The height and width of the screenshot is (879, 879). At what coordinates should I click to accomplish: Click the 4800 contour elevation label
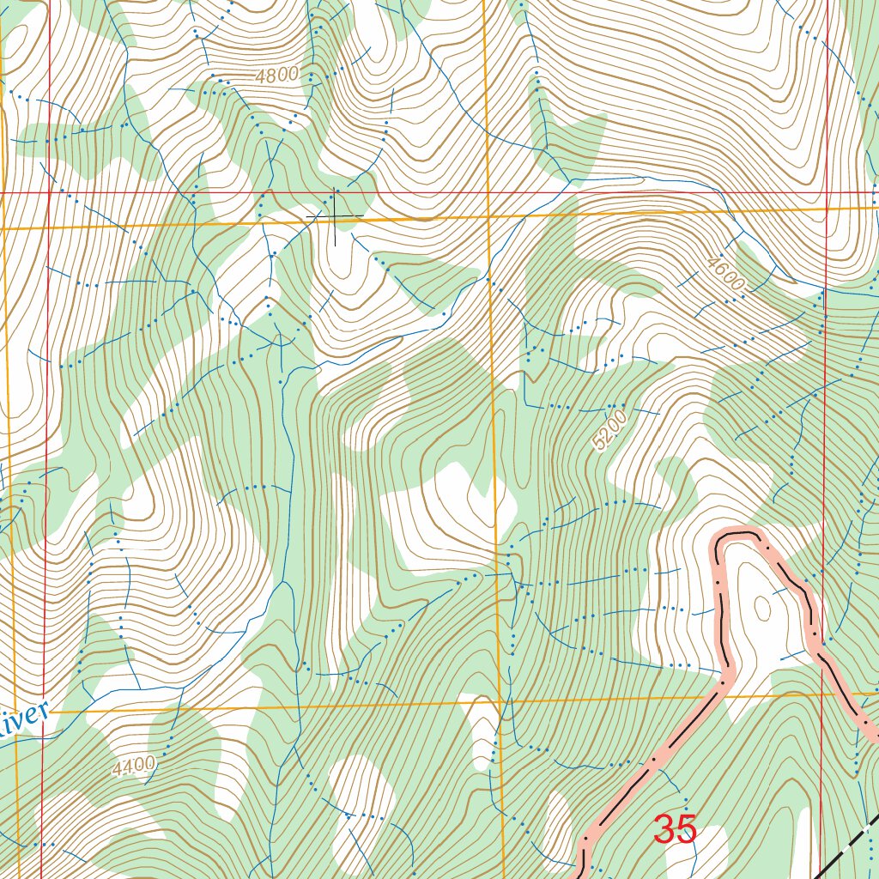click(x=276, y=76)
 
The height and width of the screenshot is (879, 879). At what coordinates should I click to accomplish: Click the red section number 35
click(x=675, y=830)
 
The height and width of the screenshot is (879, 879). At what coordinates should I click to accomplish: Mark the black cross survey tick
click(x=334, y=215)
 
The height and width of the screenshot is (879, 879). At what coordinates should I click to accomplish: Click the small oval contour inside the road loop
click(x=761, y=608)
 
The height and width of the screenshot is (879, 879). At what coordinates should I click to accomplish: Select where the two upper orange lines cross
click(x=487, y=217)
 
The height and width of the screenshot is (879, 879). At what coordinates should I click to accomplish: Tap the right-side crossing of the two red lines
click(x=826, y=192)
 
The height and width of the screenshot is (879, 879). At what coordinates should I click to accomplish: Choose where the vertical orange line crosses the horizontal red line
click(x=486, y=192)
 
